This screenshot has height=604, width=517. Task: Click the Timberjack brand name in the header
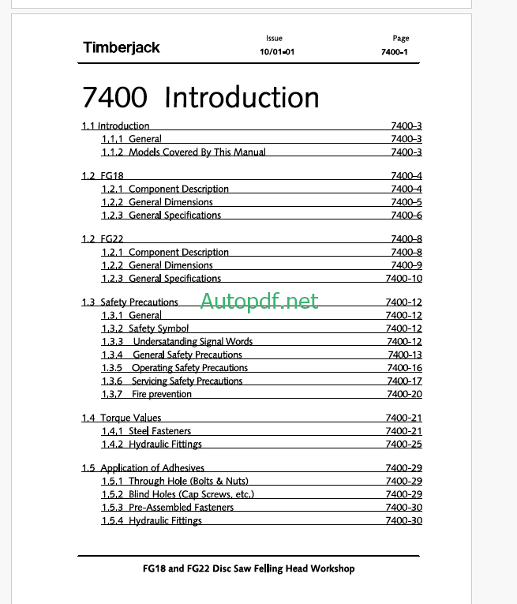point(121,47)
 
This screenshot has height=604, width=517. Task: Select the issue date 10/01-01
point(277,52)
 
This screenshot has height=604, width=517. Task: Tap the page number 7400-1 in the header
point(395,52)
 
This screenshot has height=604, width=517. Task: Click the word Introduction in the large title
point(242,98)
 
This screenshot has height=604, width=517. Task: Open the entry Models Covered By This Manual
point(197,152)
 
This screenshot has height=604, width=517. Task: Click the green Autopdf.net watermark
point(259,300)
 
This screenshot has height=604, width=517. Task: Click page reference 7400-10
point(403,279)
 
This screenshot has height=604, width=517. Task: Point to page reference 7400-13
point(403,355)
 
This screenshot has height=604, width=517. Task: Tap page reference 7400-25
point(403,445)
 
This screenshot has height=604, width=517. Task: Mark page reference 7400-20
point(403,395)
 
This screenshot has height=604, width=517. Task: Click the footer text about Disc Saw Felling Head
point(248,568)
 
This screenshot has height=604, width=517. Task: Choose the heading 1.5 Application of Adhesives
point(143,468)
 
